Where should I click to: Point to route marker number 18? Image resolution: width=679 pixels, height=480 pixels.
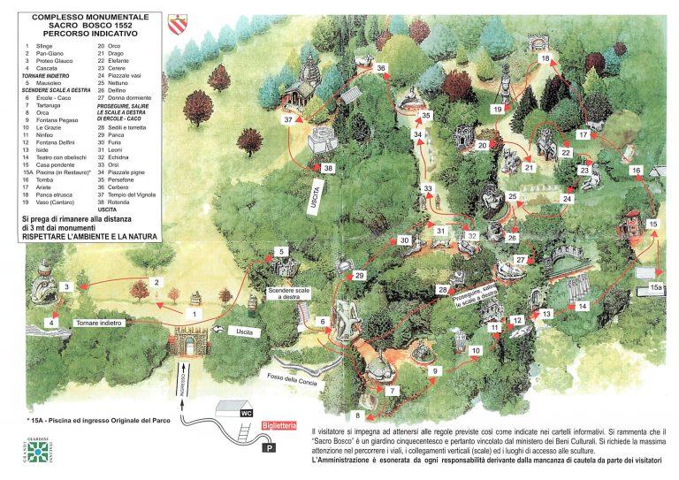coord(546,58)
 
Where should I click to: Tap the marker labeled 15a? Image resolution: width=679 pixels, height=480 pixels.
coord(655,287)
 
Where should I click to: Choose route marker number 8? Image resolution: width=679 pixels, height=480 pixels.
coord(358,415)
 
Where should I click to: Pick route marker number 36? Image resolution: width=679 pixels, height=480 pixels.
coord(380,67)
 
